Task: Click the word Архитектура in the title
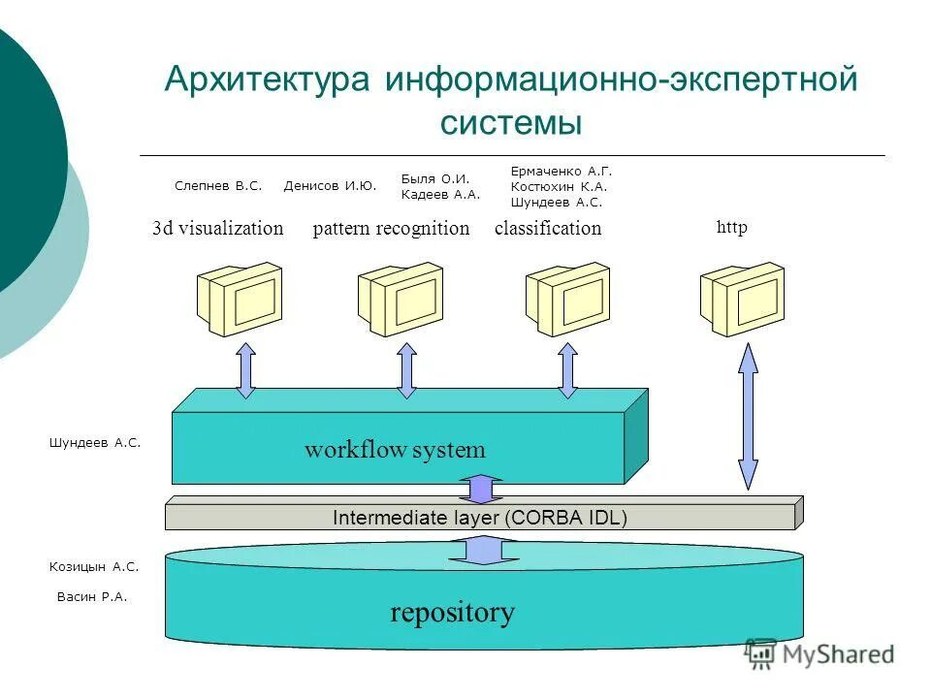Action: tap(268, 79)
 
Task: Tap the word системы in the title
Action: tap(511, 123)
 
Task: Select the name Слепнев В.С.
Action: tap(218, 185)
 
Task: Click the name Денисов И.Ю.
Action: tap(330, 185)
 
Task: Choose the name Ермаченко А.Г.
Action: tap(561, 170)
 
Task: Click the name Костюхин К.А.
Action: tap(558, 186)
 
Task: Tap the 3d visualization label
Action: tap(218, 229)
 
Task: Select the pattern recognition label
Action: tap(391, 229)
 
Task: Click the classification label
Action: tap(548, 229)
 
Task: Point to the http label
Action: tap(732, 228)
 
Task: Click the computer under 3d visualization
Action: tap(240, 300)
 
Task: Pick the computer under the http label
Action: tap(742, 300)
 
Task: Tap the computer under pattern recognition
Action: tap(401, 300)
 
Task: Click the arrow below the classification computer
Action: tap(568, 370)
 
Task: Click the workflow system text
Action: tap(395, 450)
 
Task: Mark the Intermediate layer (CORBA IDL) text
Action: tap(480, 518)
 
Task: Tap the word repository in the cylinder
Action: tap(452, 613)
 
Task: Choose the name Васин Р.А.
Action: tap(92, 597)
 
